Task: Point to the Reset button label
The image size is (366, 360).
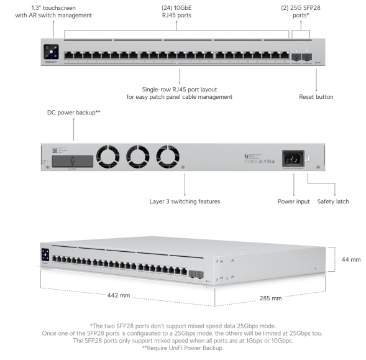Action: (316, 97)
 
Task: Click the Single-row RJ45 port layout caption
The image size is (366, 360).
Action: (180, 94)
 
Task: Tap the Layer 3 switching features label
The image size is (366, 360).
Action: (185, 201)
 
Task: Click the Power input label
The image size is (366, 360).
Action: (293, 201)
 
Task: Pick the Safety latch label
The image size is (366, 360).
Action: (334, 201)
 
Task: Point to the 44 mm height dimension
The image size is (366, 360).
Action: (351, 260)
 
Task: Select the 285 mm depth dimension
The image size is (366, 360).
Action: (271, 298)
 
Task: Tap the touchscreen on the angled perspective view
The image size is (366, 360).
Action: (45, 256)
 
